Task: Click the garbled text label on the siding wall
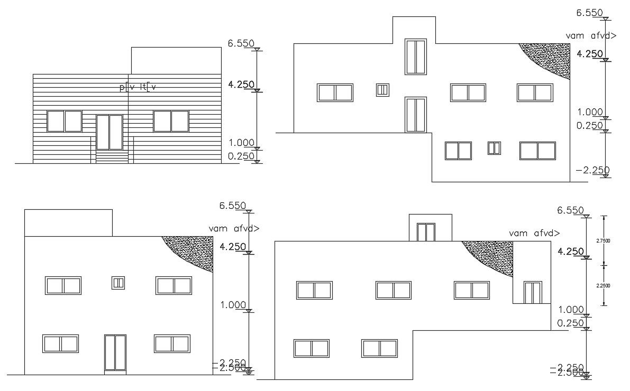click(138, 88)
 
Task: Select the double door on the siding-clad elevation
click(109, 133)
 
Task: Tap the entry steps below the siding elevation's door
click(112, 157)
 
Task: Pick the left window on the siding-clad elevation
click(65, 121)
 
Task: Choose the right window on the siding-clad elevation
click(171, 121)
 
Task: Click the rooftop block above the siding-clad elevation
click(176, 60)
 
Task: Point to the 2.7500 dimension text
click(603, 240)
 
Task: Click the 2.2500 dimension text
click(603, 286)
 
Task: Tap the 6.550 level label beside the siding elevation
click(241, 44)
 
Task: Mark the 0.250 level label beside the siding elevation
click(242, 156)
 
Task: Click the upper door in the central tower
click(415, 57)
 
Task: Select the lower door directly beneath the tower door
click(415, 114)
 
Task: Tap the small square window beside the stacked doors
click(382, 90)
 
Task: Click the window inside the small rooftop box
click(426, 232)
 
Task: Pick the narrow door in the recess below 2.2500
click(533, 293)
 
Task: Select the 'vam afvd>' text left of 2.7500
click(534, 233)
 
